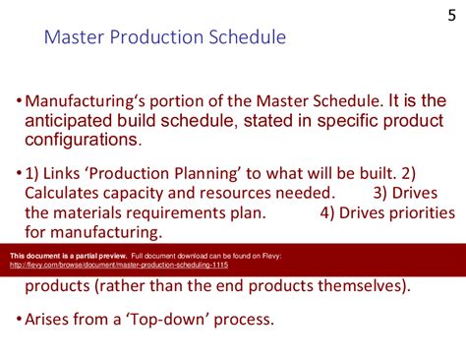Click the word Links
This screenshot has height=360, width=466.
[x=68, y=174]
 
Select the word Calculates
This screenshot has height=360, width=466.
[x=67, y=194]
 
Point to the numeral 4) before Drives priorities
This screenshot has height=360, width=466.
[x=328, y=213]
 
